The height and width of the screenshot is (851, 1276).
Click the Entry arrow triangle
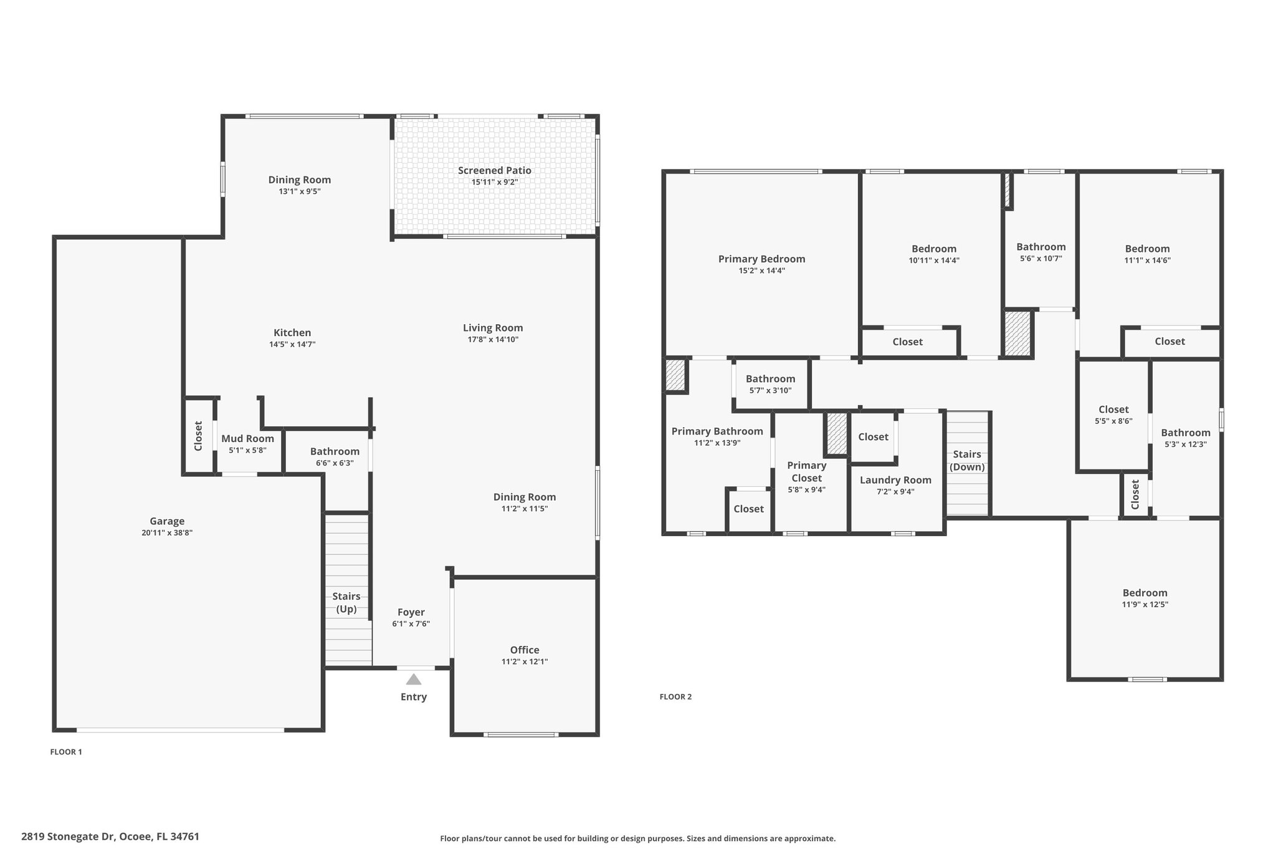tap(414, 679)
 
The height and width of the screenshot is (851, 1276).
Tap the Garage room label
tap(167, 521)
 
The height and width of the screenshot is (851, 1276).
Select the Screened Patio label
tap(495, 170)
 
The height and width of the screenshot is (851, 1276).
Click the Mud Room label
tap(248, 438)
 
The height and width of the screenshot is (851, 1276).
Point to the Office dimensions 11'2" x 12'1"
tap(525, 661)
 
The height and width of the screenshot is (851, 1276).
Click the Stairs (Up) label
tap(346, 602)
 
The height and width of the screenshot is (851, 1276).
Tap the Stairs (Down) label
tap(967, 460)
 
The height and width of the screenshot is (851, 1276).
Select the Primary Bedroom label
tap(761, 259)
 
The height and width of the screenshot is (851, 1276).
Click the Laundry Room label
tap(896, 479)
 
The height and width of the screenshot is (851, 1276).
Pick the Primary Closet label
tap(807, 471)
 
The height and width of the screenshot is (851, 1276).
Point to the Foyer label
tap(411, 612)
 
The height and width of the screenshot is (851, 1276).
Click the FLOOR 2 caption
tap(675, 697)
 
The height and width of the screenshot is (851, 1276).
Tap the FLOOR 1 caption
tap(66, 752)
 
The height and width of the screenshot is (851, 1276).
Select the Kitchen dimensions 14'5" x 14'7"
tap(292, 344)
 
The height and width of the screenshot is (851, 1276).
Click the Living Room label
tap(493, 327)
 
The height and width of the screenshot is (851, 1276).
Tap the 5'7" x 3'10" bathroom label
tap(771, 384)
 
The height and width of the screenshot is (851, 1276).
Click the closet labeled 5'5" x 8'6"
tap(1113, 415)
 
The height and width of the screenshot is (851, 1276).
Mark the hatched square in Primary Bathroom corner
tap(675, 375)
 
